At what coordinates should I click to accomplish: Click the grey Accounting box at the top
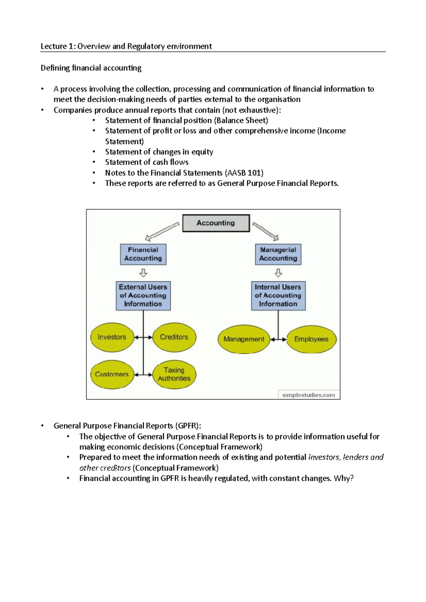coord(216,223)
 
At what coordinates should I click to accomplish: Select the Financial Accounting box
coord(143,254)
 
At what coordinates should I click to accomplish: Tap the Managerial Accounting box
coord(278,254)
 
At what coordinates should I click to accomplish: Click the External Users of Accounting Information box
coord(143,296)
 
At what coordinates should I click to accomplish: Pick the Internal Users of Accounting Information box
coord(278,296)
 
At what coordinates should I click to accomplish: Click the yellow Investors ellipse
coord(112,337)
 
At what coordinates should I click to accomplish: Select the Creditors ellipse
coord(174,337)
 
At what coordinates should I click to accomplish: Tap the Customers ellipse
coord(112,374)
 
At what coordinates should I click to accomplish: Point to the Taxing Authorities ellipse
coord(174,374)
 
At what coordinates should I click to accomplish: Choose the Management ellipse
coord(244,339)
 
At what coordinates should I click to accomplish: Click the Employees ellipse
coord(311,339)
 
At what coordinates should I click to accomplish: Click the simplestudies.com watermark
coord(308,395)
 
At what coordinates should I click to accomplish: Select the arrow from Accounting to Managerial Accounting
coord(266,231)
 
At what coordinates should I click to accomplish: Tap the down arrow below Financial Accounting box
coord(143,273)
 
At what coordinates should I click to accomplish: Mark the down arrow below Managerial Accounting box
coord(278,273)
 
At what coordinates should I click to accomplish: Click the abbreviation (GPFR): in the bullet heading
coord(189,426)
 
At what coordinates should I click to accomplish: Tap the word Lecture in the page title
coord(54,46)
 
